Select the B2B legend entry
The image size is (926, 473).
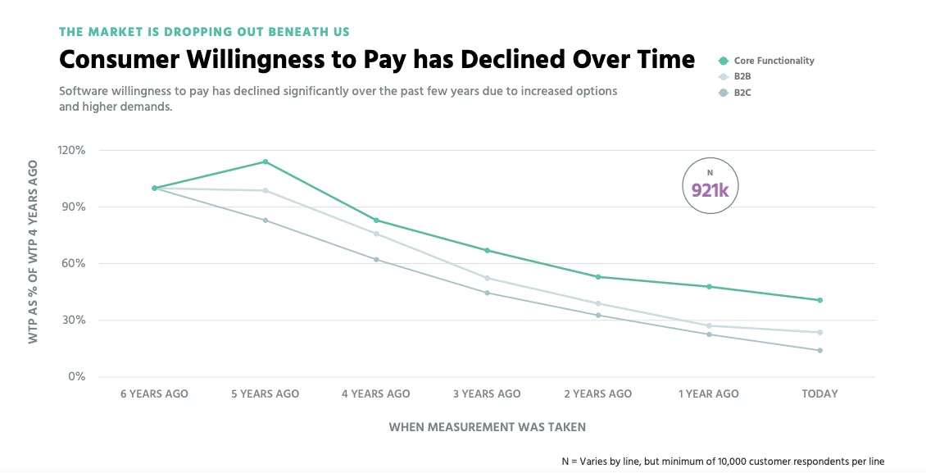(x=742, y=77)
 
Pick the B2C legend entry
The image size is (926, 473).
(x=742, y=93)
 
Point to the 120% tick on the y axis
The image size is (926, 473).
(x=72, y=151)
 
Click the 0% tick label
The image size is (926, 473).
(x=76, y=377)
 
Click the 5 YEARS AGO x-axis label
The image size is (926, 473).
(x=265, y=394)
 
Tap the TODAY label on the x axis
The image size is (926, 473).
(x=819, y=394)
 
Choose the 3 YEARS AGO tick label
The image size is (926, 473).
(x=487, y=394)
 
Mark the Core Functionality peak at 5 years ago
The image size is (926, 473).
(x=265, y=161)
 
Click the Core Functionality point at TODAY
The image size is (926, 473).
(x=819, y=300)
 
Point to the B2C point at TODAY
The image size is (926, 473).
(x=819, y=351)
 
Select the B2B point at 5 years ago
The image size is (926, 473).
(x=265, y=191)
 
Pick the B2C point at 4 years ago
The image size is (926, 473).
(x=376, y=260)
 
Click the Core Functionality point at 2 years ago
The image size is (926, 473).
(x=598, y=277)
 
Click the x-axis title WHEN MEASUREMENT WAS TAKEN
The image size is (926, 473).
(x=487, y=427)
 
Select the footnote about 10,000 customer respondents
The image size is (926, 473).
(x=723, y=462)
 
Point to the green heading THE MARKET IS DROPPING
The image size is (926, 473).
(x=204, y=32)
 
